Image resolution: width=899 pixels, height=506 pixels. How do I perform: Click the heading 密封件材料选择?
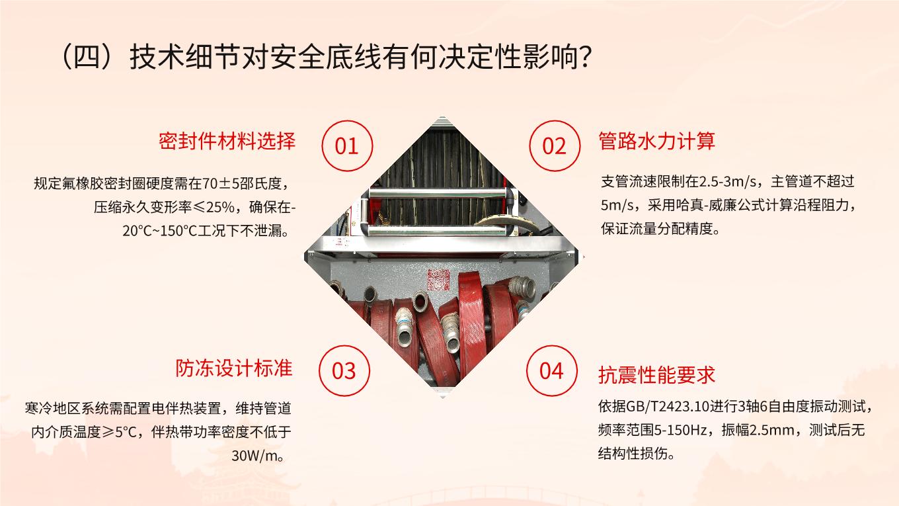coord(227,141)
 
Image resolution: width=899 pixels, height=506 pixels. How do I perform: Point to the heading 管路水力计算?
coord(657,141)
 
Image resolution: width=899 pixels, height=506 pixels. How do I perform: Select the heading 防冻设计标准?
coord(234,368)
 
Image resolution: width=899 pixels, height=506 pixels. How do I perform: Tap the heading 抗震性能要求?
coord(656,374)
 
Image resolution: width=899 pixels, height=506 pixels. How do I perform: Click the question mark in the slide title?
coord(586,57)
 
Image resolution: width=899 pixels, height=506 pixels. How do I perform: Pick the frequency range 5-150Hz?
coord(680,431)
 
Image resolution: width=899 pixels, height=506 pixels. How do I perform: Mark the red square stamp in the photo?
coord(438,280)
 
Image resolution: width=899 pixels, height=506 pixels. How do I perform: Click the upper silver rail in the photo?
coord(438,194)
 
